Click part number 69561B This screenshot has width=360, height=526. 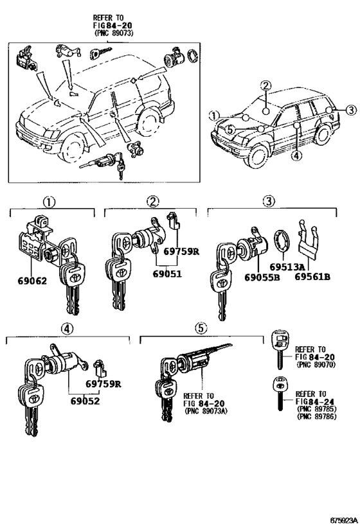312,277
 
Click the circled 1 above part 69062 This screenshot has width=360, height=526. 49,202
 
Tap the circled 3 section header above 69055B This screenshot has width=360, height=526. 269,202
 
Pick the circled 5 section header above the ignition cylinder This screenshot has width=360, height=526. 201,328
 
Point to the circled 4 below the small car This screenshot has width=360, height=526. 295,155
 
